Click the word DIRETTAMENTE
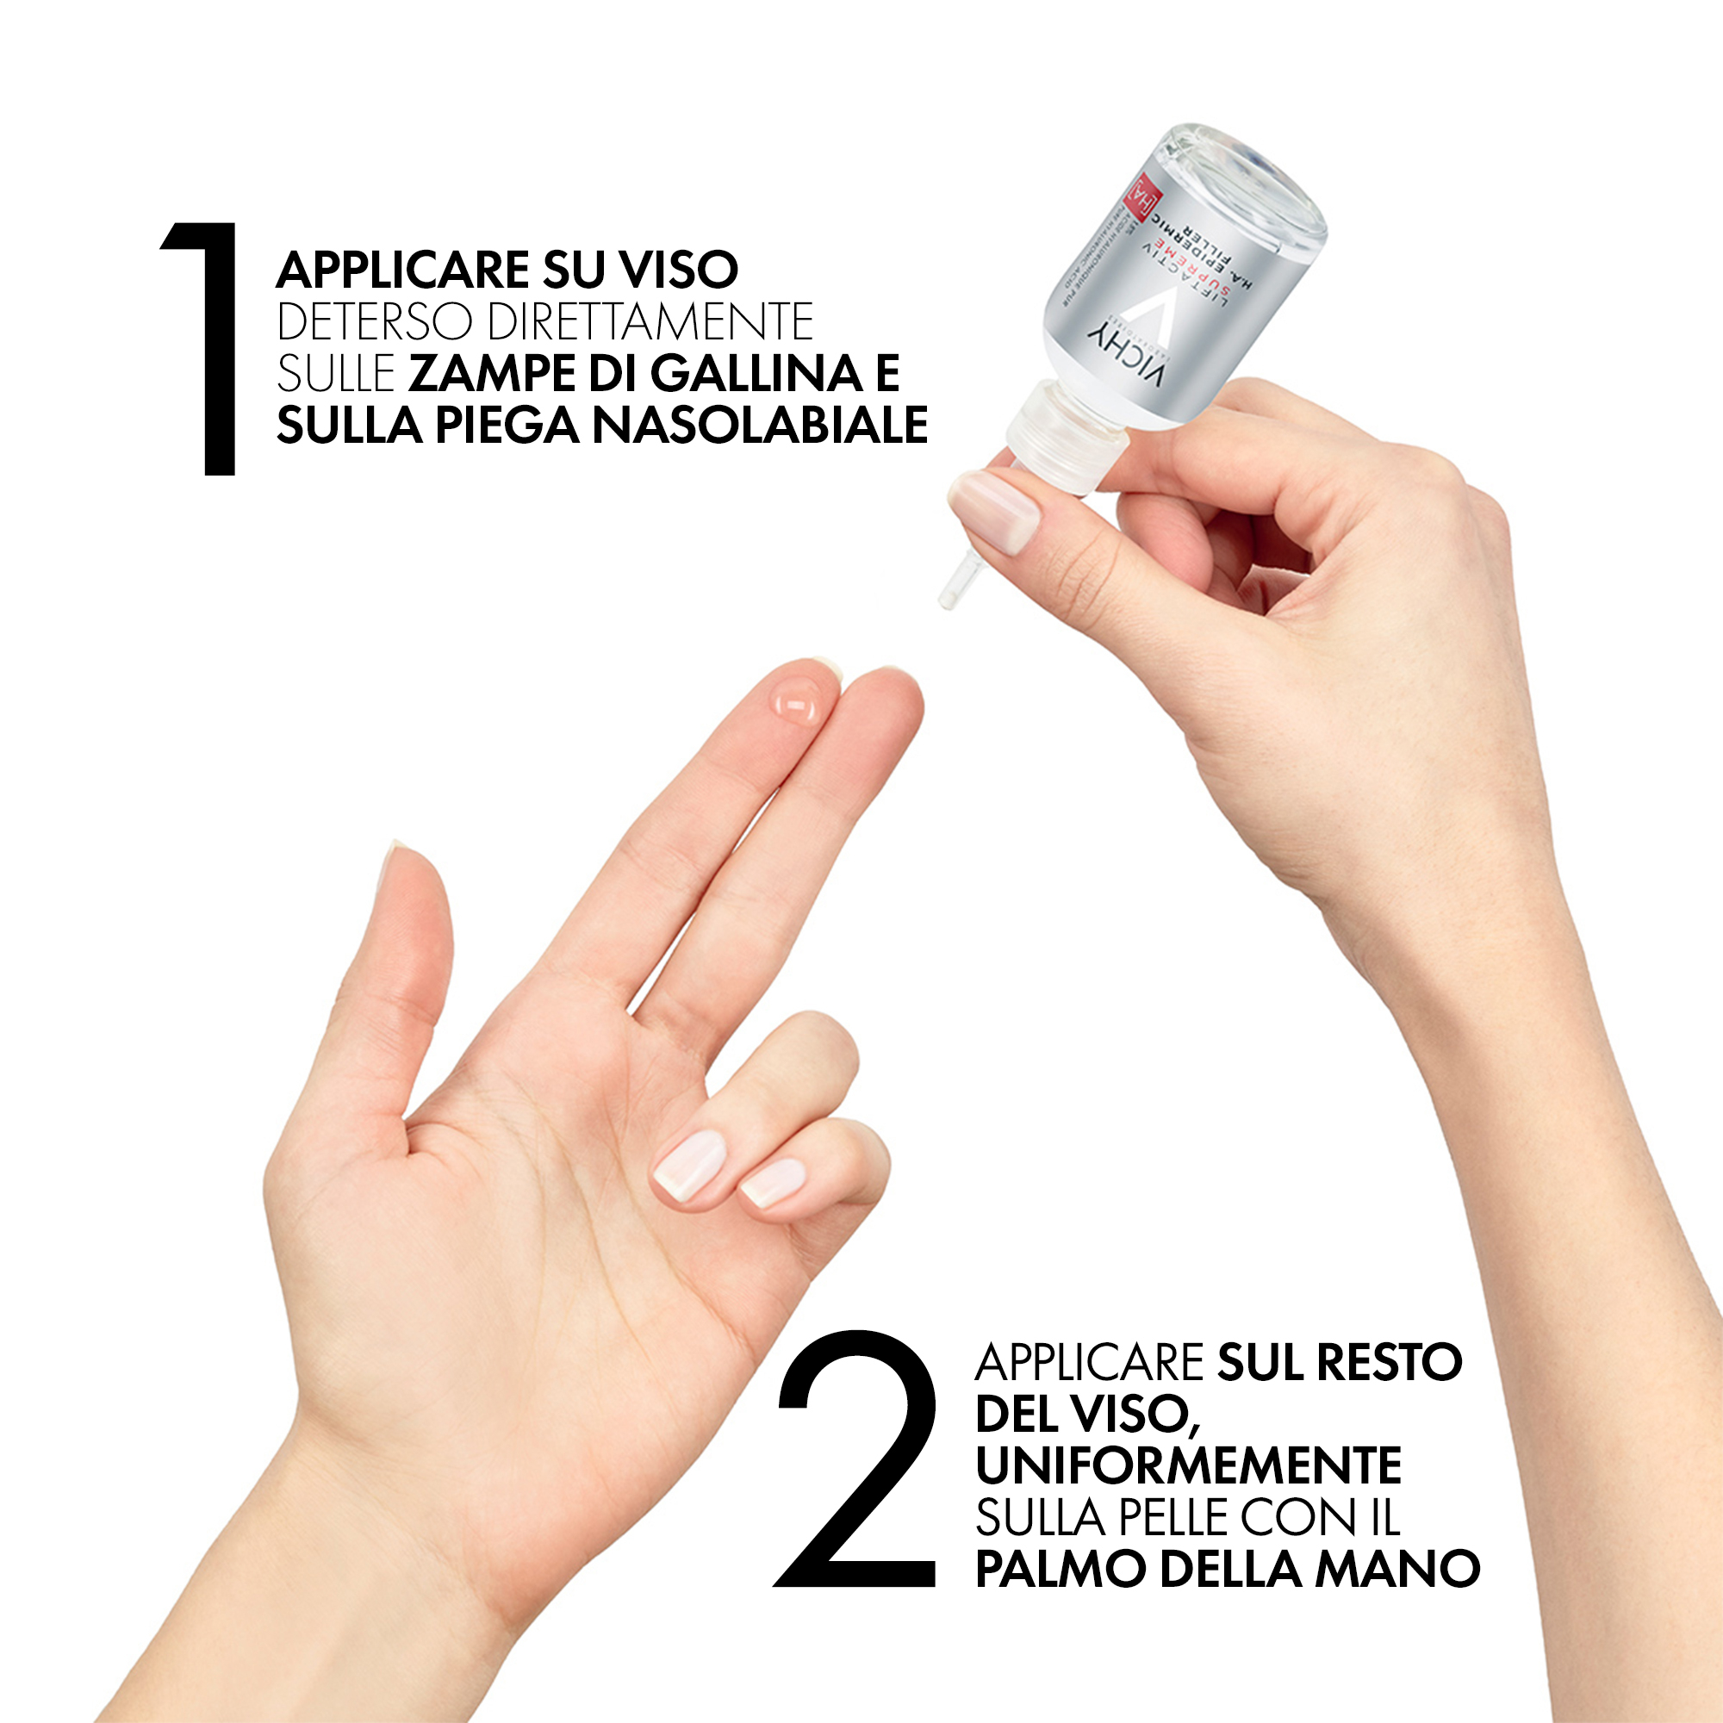651,322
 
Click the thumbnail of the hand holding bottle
995,511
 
